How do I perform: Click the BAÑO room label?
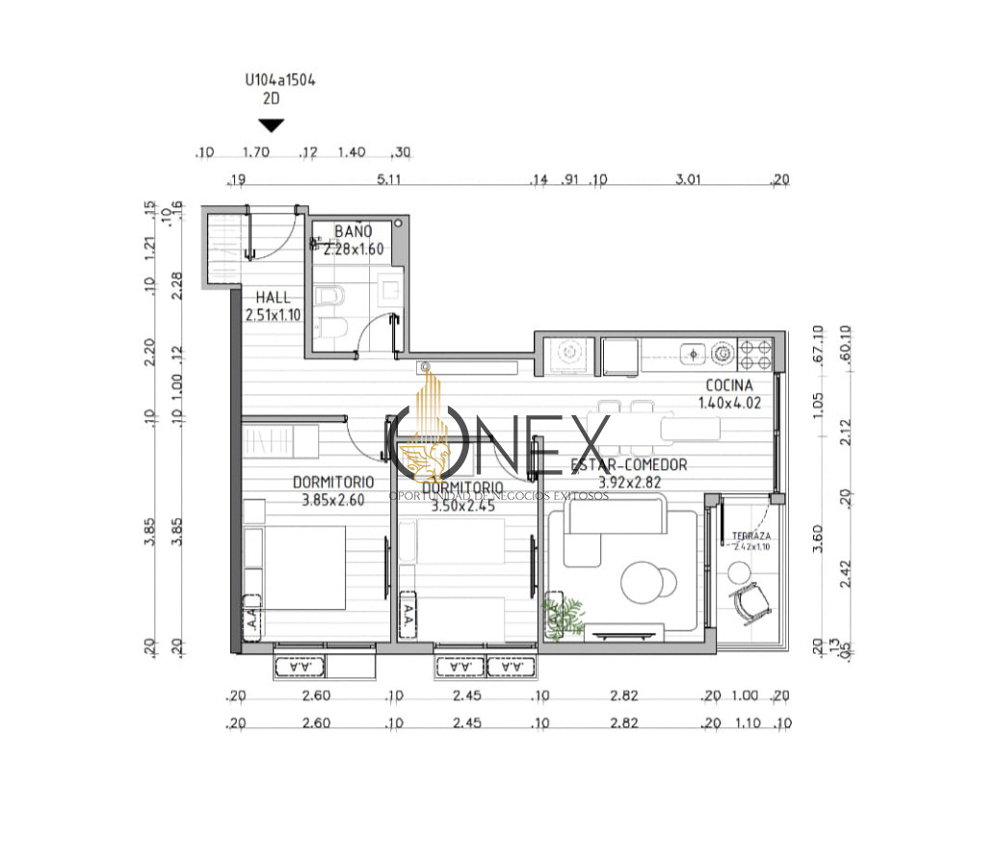pyautogui.click(x=353, y=232)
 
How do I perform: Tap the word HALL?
pyautogui.click(x=273, y=298)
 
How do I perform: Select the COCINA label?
pyautogui.click(x=729, y=385)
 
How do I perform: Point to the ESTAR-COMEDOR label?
pyautogui.click(x=629, y=465)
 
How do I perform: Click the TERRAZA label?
pyautogui.click(x=749, y=536)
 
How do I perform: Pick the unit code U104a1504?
pyautogui.click(x=280, y=82)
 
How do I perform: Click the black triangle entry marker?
pyautogui.click(x=272, y=125)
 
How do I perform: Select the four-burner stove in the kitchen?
pyautogui.click(x=754, y=354)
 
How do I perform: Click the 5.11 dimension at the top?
pyautogui.click(x=388, y=180)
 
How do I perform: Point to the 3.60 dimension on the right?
pyautogui.click(x=818, y=537)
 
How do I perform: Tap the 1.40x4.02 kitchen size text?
pyautogui.click(x=729, y=403)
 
